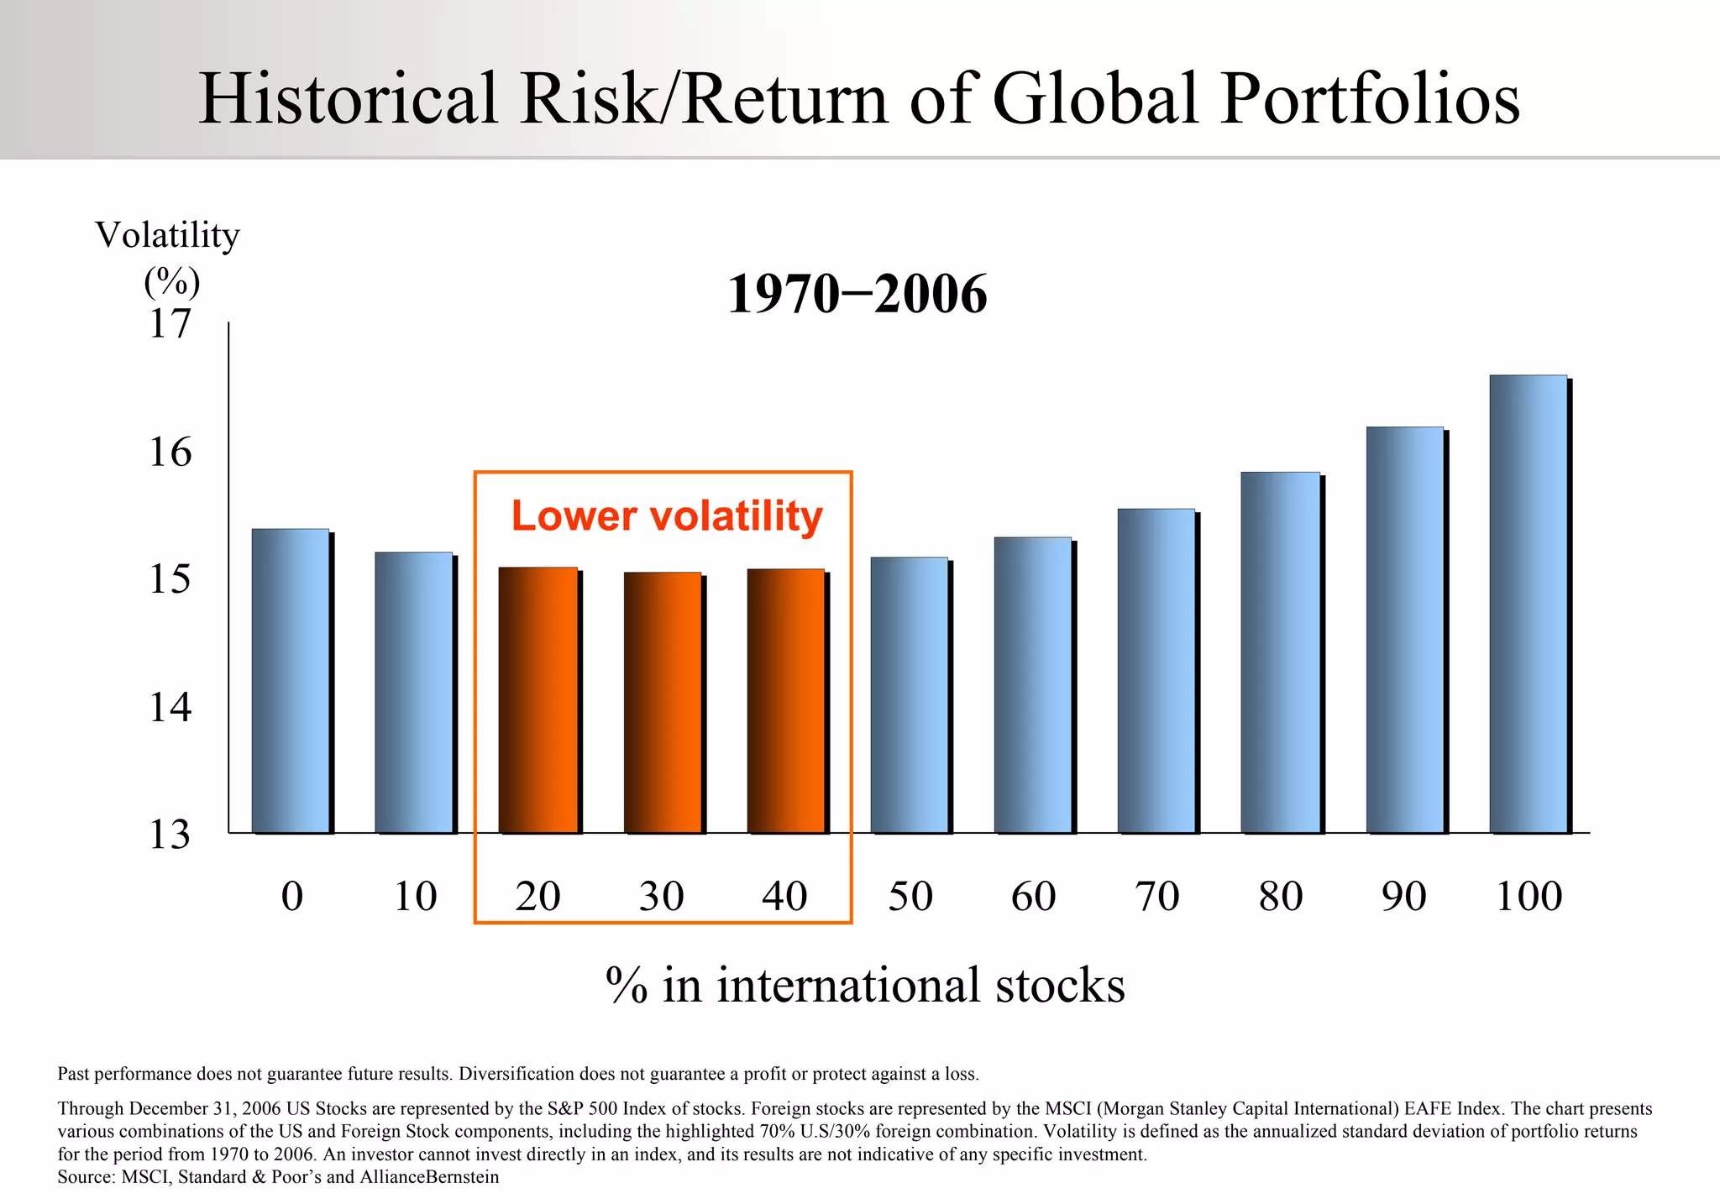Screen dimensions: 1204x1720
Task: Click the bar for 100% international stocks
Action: [1528, 605]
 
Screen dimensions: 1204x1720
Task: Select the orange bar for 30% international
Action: [662, 703]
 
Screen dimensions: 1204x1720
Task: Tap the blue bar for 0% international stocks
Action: [291, 681]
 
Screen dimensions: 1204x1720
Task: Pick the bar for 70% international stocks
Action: [1156, 671]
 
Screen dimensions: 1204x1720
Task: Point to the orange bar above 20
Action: [537, 700]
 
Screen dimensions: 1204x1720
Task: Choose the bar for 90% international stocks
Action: [1404, 630]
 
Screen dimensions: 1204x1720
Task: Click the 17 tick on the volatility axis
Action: [170, 324]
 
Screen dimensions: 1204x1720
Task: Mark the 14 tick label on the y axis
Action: [170, 707]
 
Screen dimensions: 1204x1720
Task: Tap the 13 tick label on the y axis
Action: [170, 835]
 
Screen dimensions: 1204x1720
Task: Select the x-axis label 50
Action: [910, 896]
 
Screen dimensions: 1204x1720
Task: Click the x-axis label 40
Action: [784, 896]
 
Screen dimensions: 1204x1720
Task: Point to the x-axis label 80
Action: [1281, 896]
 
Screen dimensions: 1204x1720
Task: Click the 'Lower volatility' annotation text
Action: [667, 516]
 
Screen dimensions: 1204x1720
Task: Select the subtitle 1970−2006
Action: [857, 295]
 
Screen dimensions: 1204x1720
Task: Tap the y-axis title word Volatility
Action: [167, 235]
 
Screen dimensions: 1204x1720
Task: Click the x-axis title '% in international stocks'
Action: [865, 985]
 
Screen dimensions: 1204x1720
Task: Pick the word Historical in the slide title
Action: [349, 99]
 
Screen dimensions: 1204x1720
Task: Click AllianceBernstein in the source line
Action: [429, 1177]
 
